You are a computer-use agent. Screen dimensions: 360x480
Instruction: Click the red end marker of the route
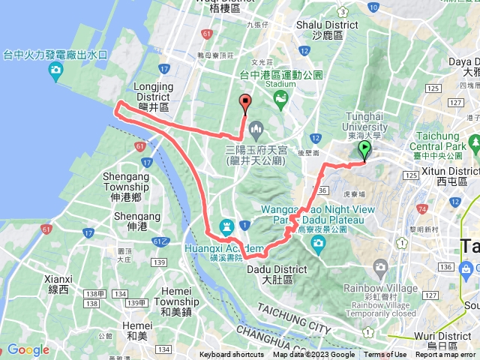pos(244,103)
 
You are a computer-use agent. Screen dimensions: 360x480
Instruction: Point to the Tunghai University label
pos(365,121)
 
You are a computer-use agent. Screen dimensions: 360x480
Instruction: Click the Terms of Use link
pos(385,355)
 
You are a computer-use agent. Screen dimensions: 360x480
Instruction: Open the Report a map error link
pos(447,355)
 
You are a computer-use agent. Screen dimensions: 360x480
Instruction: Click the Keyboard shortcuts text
pos(232,355)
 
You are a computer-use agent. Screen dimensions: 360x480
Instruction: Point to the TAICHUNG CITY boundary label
pos(292,319)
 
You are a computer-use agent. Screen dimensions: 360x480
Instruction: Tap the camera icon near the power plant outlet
pos(55,72)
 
